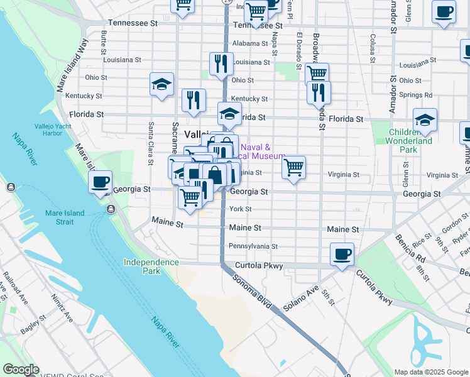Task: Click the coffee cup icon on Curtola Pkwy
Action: click(342, 254)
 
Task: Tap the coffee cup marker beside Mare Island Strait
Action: click(101, 183)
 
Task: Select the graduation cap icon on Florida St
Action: click(230, 114)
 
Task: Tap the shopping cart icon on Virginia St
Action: click(293, 168)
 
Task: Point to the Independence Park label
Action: click(151, 266)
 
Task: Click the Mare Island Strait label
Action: click(65, 217)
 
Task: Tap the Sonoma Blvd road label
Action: click(251, 291)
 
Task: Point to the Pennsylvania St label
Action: click(253, 246)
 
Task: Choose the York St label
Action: click(241, 209)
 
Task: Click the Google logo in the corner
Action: click(21, 369)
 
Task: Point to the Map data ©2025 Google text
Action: click(430, 372)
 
